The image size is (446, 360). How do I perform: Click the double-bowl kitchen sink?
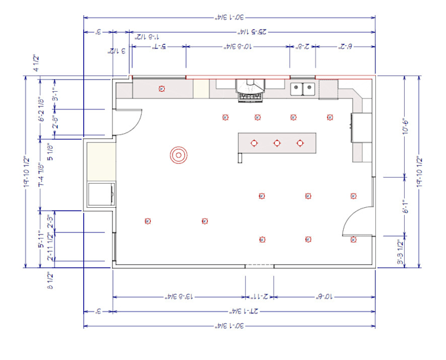click(302, 89)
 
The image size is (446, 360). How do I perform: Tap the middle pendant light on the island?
click(277, 142)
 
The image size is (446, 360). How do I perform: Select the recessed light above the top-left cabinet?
click(161, 89)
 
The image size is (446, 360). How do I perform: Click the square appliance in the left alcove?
click(102, 195)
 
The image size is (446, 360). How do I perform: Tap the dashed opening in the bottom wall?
click(259, 266)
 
